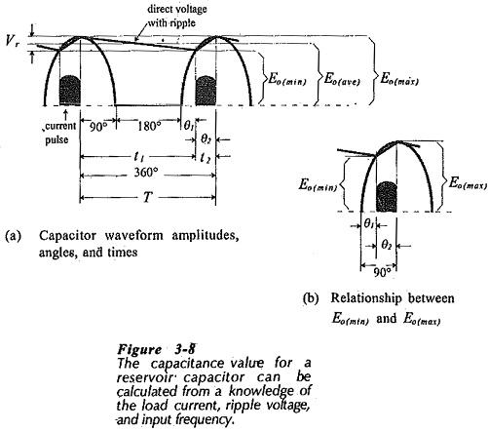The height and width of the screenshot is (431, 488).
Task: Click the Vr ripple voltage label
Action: tap(13, 41)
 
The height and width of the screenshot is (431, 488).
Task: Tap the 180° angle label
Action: tap(149, 126)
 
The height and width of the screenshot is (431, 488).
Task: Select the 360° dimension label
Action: tap(146, 173)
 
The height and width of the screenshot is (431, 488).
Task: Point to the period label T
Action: tap(148, 197)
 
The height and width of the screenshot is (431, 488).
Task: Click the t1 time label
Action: tap(139, 157)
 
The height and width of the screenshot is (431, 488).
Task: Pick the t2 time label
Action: tap(206, 158)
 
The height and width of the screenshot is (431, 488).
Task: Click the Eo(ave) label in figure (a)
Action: tap(342, 79)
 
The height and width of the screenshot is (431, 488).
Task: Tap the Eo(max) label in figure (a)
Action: tap(399, 79)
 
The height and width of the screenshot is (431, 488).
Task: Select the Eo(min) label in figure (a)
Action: tap(287, 79)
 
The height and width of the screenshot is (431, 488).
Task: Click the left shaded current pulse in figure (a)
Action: tap(70, 91)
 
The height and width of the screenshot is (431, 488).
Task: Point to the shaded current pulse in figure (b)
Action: tap(387, 197)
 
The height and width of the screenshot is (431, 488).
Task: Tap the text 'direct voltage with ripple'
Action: tap(176, 16)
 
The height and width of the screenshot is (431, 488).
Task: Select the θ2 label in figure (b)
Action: tap(386, 245)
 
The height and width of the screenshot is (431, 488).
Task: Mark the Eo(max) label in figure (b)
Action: tap(468, 183)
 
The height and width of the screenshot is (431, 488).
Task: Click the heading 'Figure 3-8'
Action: tap(157, 349)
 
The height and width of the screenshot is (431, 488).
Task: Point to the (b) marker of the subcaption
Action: tap(311, 298)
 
